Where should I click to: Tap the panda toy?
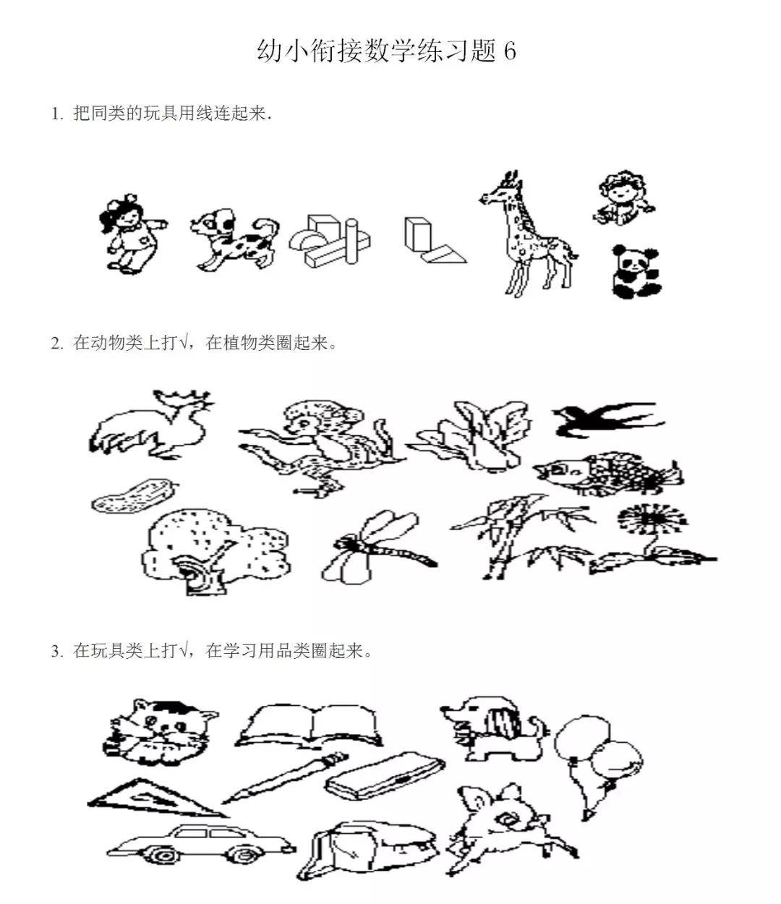click(636, 272)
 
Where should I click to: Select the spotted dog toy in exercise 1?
click(234, 240)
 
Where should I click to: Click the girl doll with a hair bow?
click(131, 234)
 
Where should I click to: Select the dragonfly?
click(376, 547)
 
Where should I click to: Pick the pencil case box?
click(385, 775)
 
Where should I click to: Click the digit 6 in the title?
click(509, 51)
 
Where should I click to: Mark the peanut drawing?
click(133, 496)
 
